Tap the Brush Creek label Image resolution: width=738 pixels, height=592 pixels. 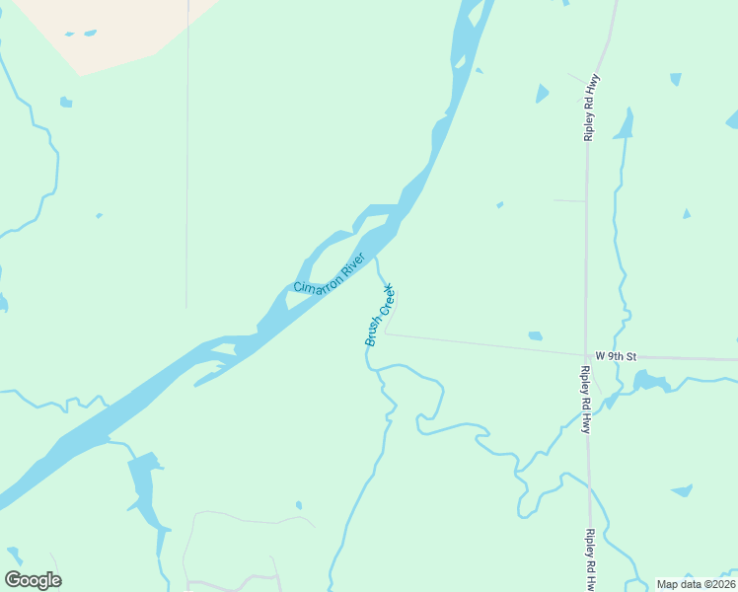(x=379, y=315)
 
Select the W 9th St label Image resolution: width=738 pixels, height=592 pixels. (x=618, y=355)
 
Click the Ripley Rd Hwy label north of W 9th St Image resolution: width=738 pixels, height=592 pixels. (x=592, y=107)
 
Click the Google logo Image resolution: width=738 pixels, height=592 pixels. (x=33, y=580)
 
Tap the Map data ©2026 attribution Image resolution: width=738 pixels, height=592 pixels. (x=696, y=584)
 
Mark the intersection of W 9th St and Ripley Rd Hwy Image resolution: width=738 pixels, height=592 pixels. (x=586, y=355)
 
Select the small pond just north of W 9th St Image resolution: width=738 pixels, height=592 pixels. (x=535, y=336)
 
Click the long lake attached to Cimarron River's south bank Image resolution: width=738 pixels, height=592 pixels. (x=148, y=493)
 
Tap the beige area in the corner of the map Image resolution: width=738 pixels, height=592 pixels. (x=109, y=30)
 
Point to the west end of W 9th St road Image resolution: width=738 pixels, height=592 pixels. (x=386, y=333)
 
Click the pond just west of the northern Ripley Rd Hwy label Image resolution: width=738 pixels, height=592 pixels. (x=542, y=94)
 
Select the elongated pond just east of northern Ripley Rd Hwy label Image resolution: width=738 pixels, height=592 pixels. (x=624, y=124)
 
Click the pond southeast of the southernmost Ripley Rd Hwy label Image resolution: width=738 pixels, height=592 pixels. (x=681, y=490)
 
